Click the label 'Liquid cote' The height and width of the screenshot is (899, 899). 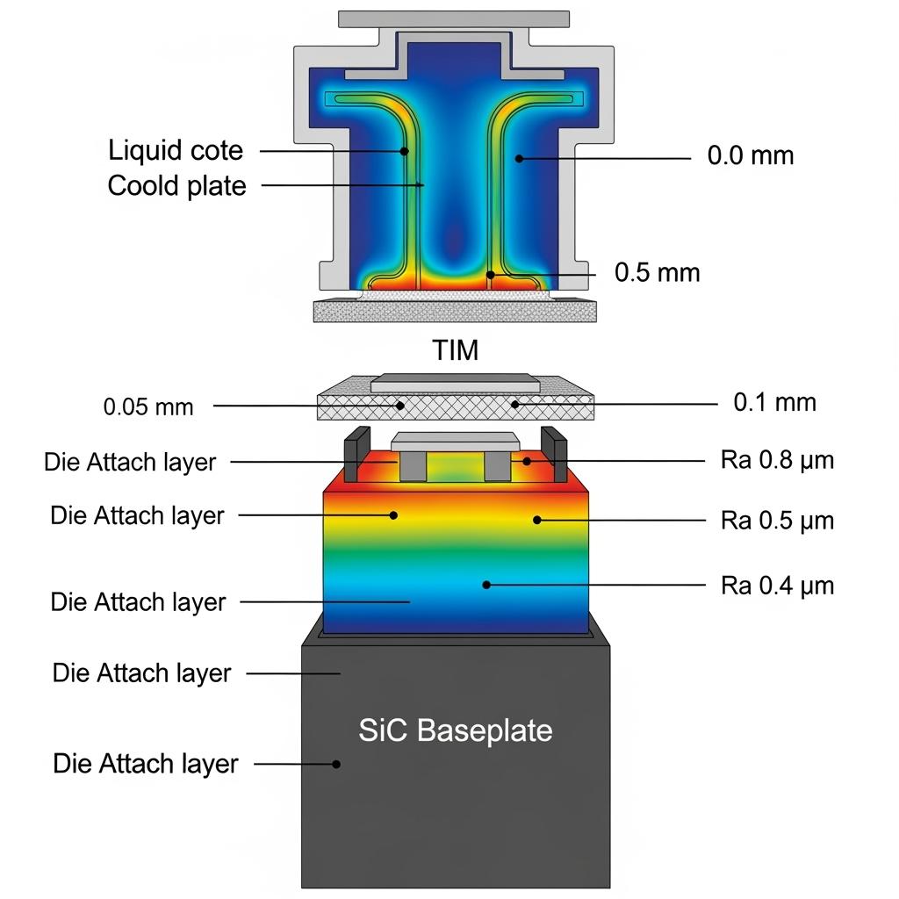176,151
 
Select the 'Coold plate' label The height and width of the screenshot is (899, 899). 176,186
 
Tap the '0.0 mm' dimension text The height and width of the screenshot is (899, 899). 750,156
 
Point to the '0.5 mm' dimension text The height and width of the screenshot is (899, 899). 657,272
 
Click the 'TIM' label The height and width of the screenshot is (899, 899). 456,351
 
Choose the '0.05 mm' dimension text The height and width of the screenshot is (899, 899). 147,407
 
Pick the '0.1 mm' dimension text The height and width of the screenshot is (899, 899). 774,403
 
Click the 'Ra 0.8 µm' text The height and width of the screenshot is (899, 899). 777,460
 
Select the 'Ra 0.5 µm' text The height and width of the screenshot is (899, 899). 777,521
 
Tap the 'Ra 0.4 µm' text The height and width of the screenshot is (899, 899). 777,585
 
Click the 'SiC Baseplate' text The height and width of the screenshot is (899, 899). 456,730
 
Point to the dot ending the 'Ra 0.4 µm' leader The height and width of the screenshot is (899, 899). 486,584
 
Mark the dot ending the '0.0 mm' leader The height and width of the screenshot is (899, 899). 519,159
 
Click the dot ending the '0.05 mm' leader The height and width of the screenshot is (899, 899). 400,406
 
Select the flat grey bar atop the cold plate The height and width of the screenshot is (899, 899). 453,18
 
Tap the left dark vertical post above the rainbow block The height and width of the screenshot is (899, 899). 354,454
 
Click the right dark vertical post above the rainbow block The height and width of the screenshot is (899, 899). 551,454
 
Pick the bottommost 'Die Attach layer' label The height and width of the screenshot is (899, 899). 145,764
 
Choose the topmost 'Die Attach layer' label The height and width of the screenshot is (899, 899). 130,463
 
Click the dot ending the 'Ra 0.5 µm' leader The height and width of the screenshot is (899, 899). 536,520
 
